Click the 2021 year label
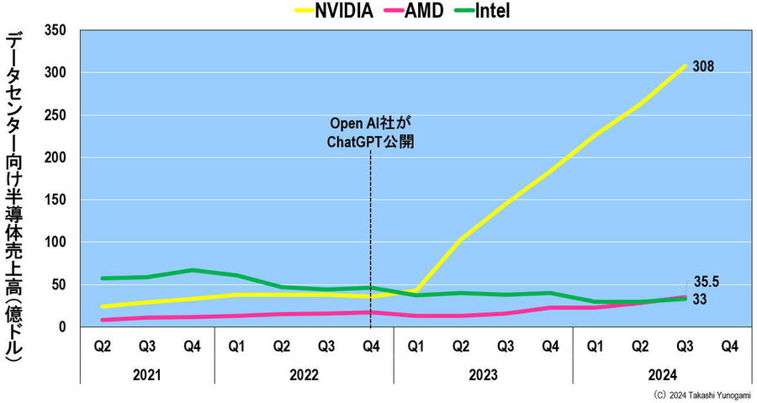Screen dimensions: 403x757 [x=147, y=374]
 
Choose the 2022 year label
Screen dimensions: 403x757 [x=303, y=374]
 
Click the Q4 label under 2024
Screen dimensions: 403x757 [x=728, y=345]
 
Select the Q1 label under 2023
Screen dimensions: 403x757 [x=416, y=345]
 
